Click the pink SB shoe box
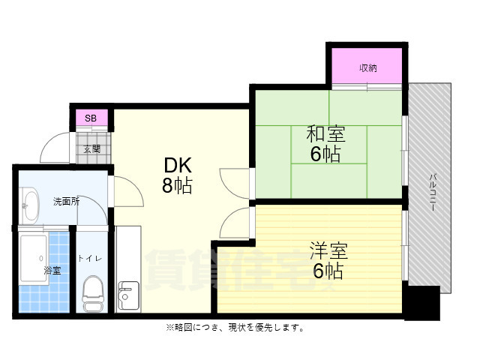91,118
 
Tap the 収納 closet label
367,68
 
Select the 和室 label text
325,136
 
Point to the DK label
177,164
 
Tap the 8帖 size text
177,185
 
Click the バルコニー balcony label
433,190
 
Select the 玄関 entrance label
91,148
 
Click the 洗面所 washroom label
66,202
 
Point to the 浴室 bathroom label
52,270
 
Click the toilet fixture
94,294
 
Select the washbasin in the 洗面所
30,204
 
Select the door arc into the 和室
235,183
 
